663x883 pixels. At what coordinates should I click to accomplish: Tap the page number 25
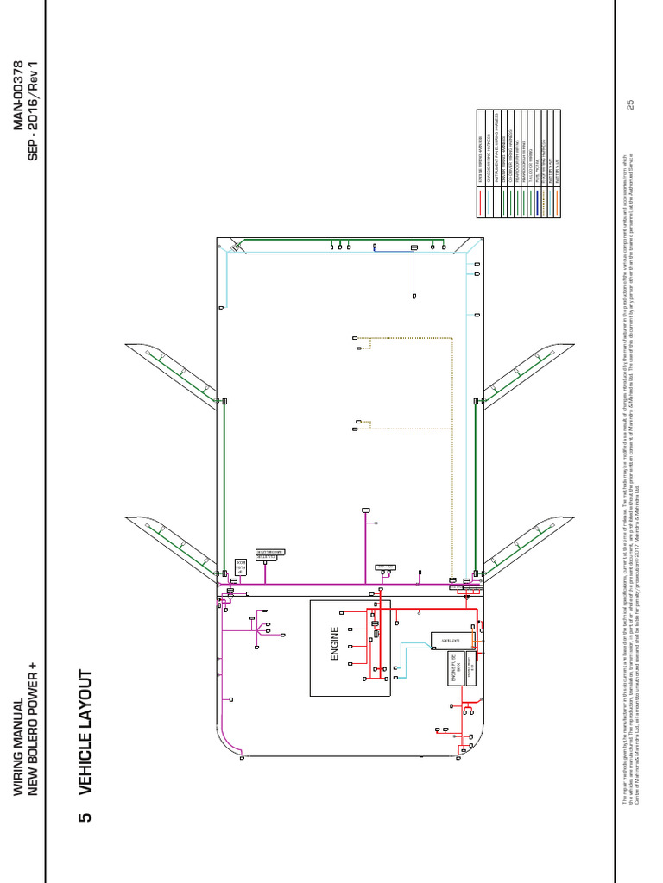coord(630,104)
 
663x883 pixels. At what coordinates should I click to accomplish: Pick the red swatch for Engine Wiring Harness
coord(480,203)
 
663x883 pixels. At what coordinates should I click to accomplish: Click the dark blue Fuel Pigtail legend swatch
coord(537,203)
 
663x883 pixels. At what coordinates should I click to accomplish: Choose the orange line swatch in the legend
coord(557,203)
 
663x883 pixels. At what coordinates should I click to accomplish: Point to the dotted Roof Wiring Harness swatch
coord(544,203)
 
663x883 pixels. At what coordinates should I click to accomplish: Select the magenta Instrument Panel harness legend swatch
coord(496,203)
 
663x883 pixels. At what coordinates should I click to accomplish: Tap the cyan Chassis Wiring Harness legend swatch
coord(489,203)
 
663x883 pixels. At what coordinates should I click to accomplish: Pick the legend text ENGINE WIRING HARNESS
coord(480,159)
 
